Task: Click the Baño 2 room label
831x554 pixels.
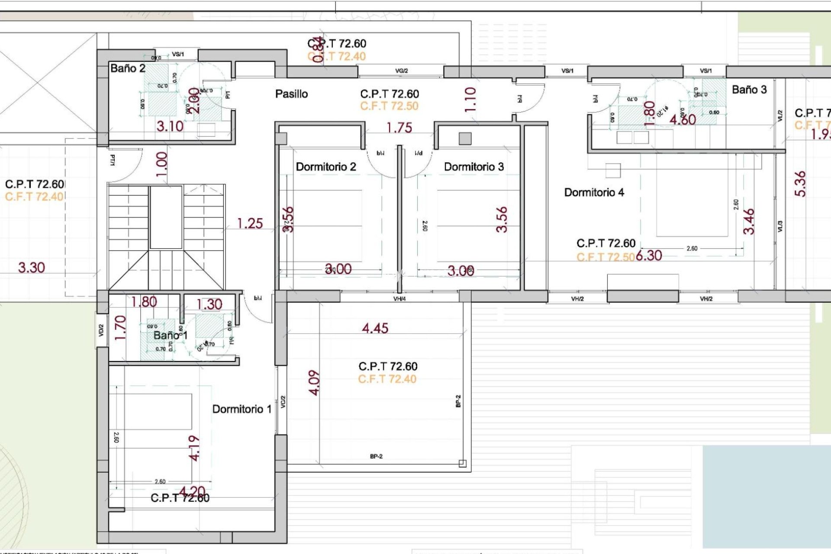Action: [x=128, y=68]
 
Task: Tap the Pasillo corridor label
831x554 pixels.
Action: [x=291, y=94]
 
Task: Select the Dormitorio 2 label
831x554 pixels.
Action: [x=325, y=167]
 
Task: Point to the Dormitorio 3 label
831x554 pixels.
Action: [x=473, y=167]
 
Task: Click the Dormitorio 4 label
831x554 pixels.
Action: [x=594, y=192]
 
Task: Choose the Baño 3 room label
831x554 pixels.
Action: [x=749, y=90]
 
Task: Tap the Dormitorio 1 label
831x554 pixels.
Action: [x=242, y=409]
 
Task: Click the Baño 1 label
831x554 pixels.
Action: [x=170, y=335]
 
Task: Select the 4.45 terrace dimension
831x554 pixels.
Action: [x=375, y=328]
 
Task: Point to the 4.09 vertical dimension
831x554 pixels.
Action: [x=315, y=383]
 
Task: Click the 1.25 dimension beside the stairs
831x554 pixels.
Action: [x=250, y=223]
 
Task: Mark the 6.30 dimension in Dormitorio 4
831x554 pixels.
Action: [x=649, y=255]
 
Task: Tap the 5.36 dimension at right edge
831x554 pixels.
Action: [x=800, y=184]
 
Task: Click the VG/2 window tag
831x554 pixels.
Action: [x=401, y=71]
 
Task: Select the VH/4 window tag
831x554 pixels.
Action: [x=399, y=299]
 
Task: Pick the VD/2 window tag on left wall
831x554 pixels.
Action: [x=101, y=330]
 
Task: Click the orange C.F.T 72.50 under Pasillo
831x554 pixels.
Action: [x=389, y=106]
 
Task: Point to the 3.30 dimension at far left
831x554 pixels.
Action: [x=31, y=267]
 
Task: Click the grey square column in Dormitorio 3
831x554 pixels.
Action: [x=465, y=138]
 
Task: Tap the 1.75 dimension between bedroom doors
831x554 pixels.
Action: [x=399, y=128]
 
